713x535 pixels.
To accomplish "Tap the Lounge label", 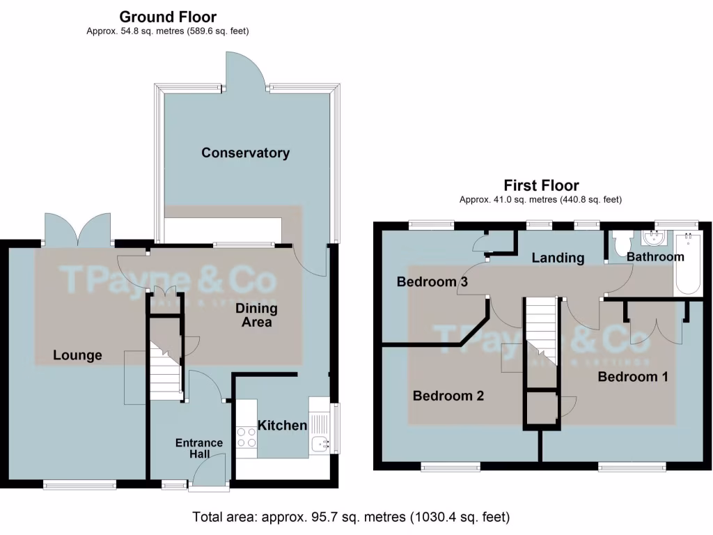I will (77, 355).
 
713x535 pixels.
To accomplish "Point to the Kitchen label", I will (282, 425).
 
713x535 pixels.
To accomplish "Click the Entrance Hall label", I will (199, 449).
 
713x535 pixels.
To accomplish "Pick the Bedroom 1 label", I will (633, 377).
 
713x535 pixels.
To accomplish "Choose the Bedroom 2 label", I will (448, 396).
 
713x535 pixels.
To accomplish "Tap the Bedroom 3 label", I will (432, 282).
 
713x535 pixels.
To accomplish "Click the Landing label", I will (558, 258).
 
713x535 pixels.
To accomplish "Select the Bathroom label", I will (655, 257).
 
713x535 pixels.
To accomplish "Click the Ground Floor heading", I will (168, 17).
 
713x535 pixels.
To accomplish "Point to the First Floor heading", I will (541, 185).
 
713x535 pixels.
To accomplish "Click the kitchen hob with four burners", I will (246, 437).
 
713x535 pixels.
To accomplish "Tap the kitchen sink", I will (320, 442).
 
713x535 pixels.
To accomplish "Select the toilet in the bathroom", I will (621, 242).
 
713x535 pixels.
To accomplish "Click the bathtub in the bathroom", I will (687, 263).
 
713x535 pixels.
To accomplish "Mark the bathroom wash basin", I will (655, 238).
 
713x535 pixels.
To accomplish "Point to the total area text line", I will (351, 518).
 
